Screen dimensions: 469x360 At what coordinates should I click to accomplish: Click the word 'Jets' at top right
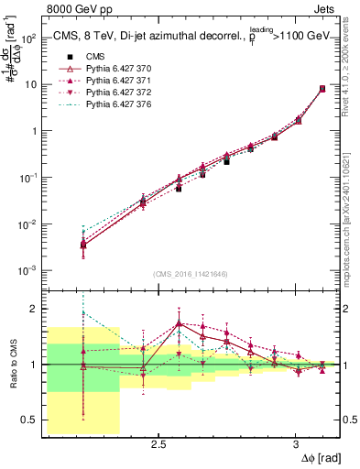[x=325, y=9]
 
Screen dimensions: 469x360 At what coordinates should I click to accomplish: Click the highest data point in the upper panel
[x=322, y=89]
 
